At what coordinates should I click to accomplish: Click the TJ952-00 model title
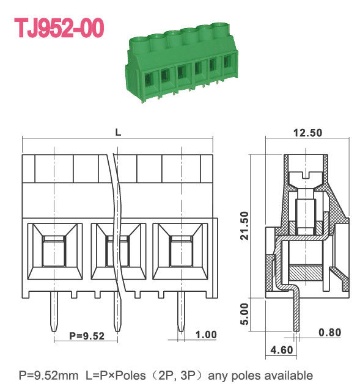click(59, 27)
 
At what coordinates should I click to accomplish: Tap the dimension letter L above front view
click(117, 131)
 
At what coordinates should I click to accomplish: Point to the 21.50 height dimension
click(244, 226)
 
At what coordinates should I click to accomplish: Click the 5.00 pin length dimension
click(244, 313)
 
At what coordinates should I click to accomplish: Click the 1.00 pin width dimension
click(206, 334)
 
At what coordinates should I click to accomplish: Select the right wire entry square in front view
click(182, 253)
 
